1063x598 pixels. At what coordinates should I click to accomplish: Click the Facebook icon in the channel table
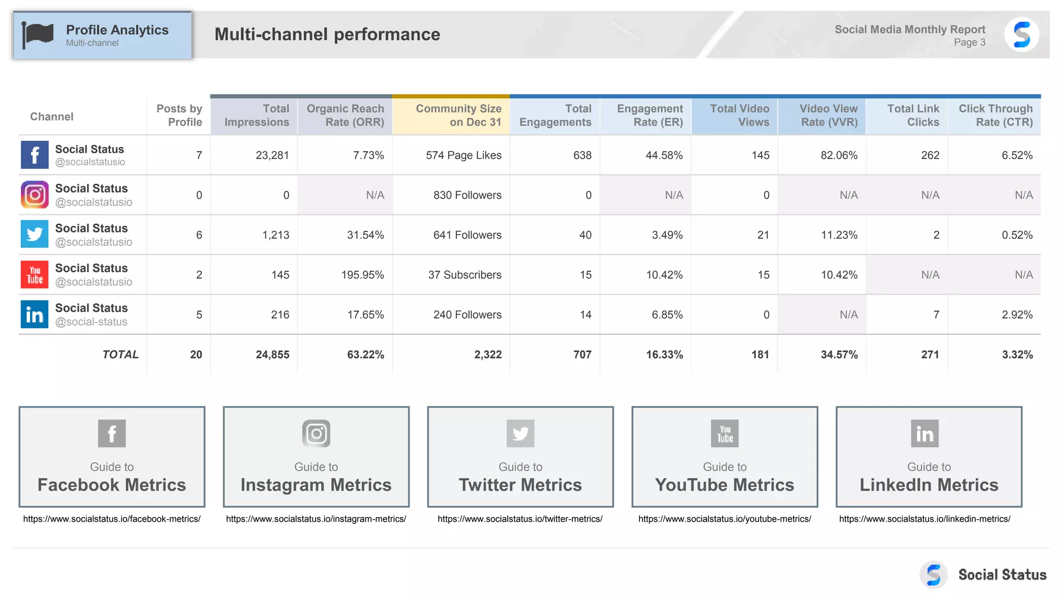pyautogui.click(x=35, y=155)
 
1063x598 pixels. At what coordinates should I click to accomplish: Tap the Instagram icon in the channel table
pyautogui.click(x=35, y=195)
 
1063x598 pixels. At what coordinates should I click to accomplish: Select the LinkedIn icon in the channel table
pyautogui.click(x=35, y=314)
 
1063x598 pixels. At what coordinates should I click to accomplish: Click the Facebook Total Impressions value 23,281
pyautogui.click(x=272, y=155)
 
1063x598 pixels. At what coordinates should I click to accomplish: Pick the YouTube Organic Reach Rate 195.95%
pyautogui.click(x=362, y=275)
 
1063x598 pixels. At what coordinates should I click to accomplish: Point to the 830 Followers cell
pyautogui.click(x=467, y=195)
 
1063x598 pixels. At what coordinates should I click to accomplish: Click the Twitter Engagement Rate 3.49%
pyautogui.click(x=667, y=235)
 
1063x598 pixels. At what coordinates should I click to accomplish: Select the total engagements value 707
pyautogui.click(x=582, y=355)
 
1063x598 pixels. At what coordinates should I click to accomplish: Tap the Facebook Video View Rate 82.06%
pyautogui.click(x=839, y=155)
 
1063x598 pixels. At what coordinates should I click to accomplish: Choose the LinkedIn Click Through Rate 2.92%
pyautogui.click(x=1017, y=315)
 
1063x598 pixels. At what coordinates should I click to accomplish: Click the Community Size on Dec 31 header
pyautogui.click(x=458, y=115)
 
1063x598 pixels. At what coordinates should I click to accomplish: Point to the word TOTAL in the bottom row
pyautogui.click(x=120, y=355)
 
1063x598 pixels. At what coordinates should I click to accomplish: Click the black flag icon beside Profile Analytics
pyautogui.click(x=37, y=35)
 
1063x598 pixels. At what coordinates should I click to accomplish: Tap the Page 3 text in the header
pyautogui.click(x=969, y=43)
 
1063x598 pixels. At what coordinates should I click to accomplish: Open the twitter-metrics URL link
pyautogui.click(x=520, y=519)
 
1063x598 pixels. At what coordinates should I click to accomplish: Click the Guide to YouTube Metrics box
pyautogui.click(x=725, y=456)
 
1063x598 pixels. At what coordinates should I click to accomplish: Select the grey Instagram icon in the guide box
pyautogui.click(x=316, y=433)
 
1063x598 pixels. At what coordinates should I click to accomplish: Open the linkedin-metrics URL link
pyautogui.click(x=924, y=519)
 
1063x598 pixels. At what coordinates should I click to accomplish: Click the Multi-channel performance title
pyautogui.click(x=327, y=34)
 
